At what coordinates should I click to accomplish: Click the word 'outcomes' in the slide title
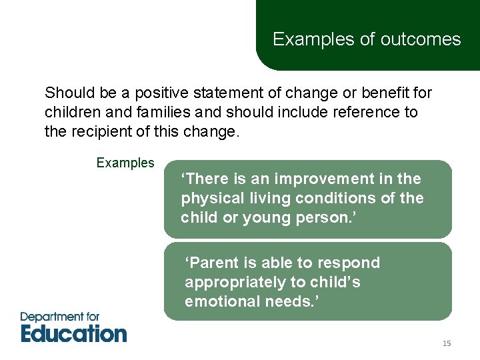click(x=420, y=39)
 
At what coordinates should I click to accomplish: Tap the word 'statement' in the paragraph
click(x=215, y=93)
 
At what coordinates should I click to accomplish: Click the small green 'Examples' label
click(x=125, y=163)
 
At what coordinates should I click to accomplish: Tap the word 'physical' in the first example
click(x=209, y=198)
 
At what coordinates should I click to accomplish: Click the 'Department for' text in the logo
click(x=60, y=317)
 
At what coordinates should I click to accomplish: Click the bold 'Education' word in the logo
click(x=73, y=333)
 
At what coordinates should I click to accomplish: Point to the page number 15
click(x=447, y=343)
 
